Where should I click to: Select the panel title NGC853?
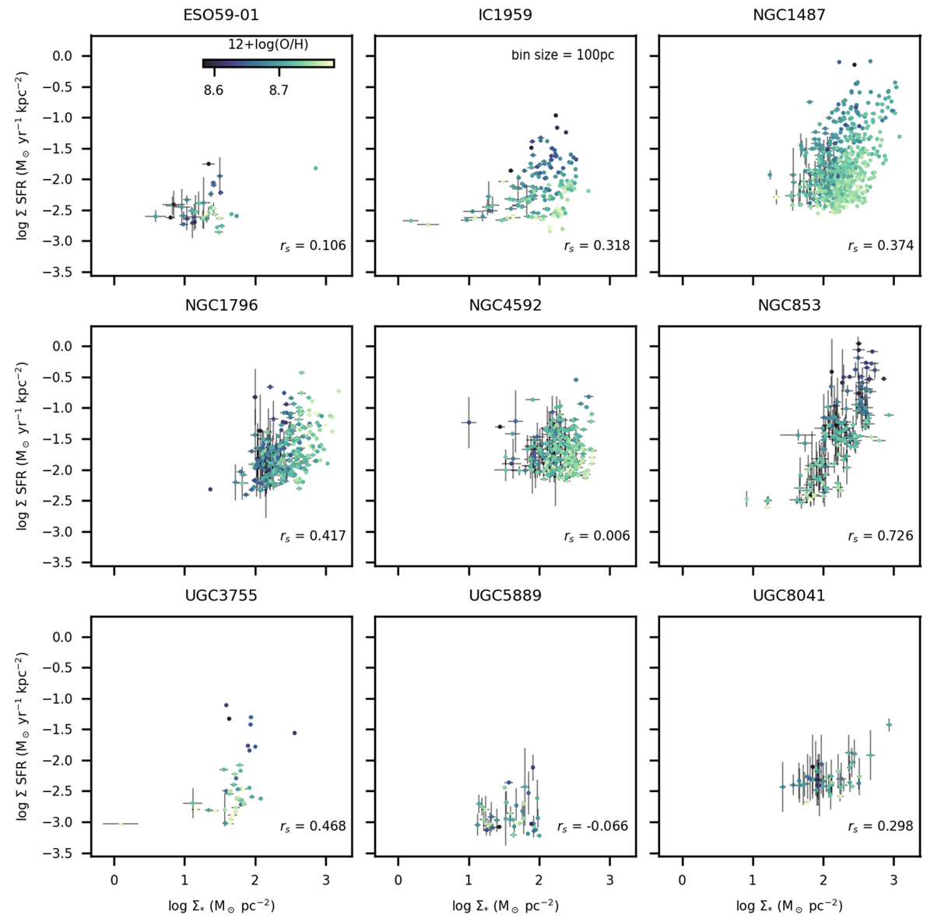(789, 305)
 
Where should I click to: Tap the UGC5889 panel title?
(505, 596)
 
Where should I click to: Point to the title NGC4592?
(505, 305)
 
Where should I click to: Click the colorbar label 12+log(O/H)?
(268, 46)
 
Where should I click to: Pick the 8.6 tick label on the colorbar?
(213, 90)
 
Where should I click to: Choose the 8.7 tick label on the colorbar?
(279, 90)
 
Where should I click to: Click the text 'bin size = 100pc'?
(563, 55)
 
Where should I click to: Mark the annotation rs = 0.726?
(880, 536)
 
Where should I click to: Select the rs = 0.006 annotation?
(597, 536)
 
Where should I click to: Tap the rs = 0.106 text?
(313, 246)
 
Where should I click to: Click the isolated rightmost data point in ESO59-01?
(315, 167)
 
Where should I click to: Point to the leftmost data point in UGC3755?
(121, 823)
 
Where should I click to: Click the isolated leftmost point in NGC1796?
(210, 489)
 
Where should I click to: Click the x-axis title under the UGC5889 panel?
(505, 906)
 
